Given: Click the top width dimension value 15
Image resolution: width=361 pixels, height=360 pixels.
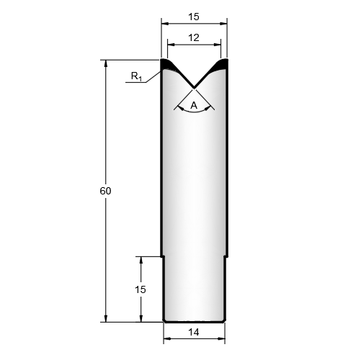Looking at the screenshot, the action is (x=194, y=17).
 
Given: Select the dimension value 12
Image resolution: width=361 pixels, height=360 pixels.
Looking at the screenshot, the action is (x=194, y=37).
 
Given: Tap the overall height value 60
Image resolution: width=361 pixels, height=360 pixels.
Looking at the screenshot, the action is (x=105, y=191).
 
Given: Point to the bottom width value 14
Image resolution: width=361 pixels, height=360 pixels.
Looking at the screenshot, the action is (x=194, y=332).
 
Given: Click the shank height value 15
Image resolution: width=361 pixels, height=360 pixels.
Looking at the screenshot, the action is (x=141, y=289).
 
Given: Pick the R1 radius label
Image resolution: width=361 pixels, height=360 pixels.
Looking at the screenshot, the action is (x=136, y=76).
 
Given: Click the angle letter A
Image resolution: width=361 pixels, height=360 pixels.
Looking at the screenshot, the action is (x=194, y=105).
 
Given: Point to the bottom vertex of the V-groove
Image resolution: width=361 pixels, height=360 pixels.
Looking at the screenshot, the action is (x=194, y=87).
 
